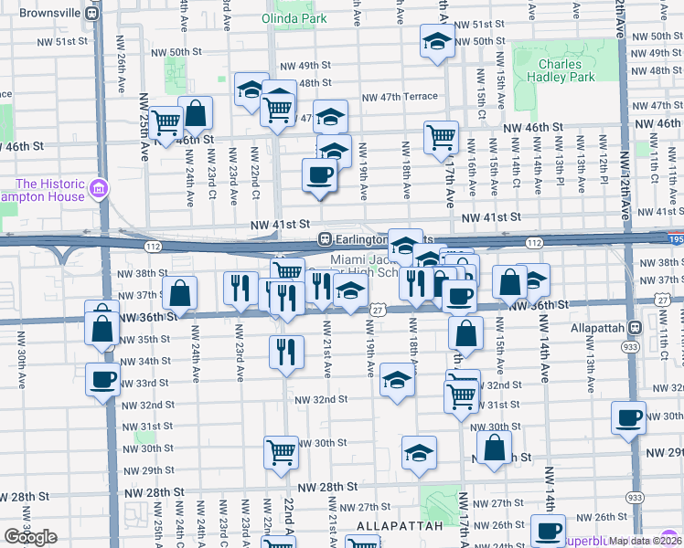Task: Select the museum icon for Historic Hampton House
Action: coord(98,191)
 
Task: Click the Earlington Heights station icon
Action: coord(324,238)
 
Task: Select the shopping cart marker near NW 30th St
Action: coord(281,451)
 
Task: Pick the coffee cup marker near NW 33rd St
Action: coord(102,378)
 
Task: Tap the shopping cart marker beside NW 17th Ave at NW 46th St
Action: coord(441,137)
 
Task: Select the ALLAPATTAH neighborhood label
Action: coord(393,526)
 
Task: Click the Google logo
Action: coord(30,537)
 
